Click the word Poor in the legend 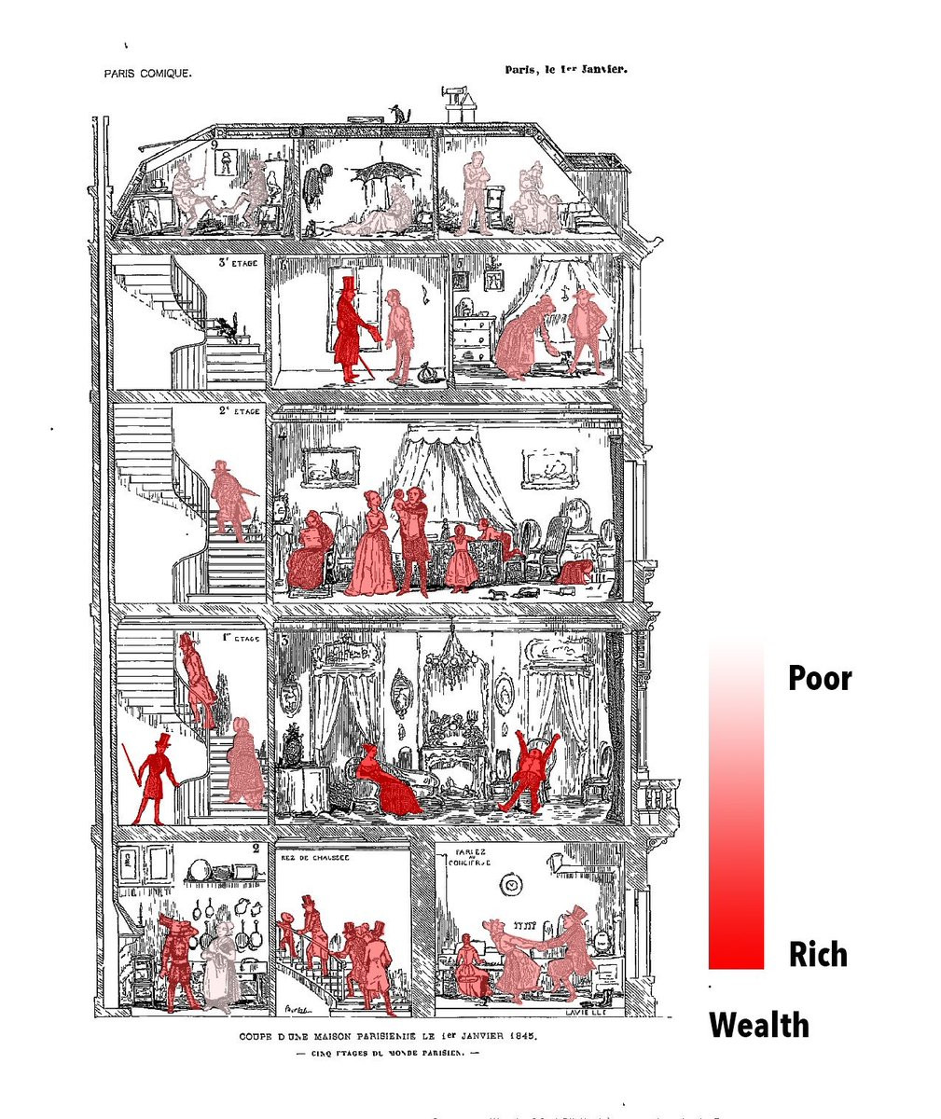820,678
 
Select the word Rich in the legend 818,954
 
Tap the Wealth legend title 759,1025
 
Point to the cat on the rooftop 399,114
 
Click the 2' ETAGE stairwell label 240,410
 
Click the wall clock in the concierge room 510,884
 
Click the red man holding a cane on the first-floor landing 151,779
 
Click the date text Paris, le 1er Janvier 564,69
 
